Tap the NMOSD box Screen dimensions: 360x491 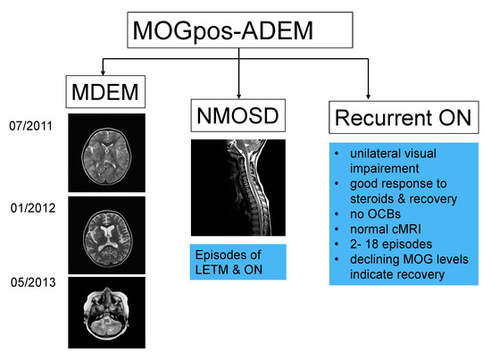coord(238,117)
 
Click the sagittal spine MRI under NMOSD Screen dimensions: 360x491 coord(237,190)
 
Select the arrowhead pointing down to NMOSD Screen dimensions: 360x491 coord(238,96)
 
